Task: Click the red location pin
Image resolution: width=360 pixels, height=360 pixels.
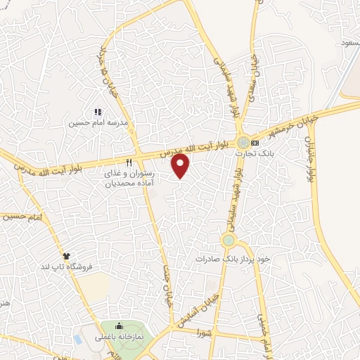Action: pyautogui.click(x=181, y=166)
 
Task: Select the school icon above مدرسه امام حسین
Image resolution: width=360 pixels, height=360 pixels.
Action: pyautogui.click(x=98, y=112)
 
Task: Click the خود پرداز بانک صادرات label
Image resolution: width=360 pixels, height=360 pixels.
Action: pyautogui.click(x=232, y=259)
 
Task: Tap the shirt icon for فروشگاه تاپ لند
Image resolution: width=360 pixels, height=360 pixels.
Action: pyautogui.click(x=66, y=257)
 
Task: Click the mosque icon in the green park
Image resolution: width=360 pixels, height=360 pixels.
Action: pyautogui.click(x=118, y=326)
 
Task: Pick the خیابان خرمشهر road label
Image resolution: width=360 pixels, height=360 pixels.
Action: pyautogui.click(x=285, y=124)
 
